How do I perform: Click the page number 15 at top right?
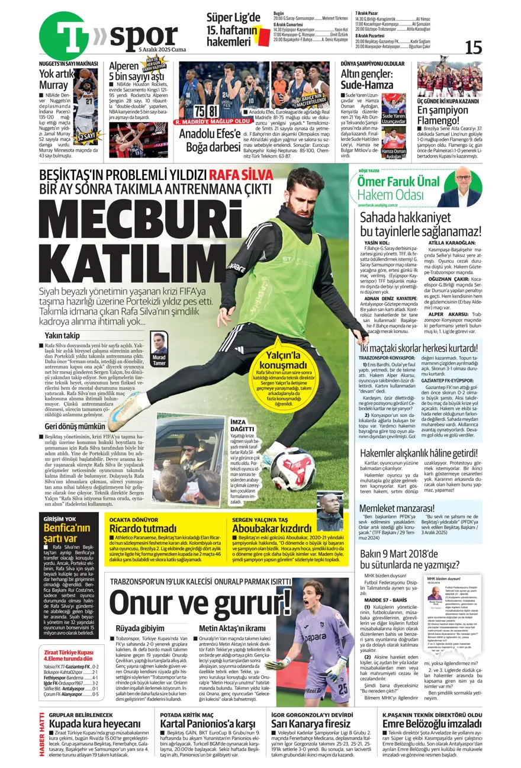(x=474, y=47)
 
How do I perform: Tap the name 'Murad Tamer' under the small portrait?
(x=159, y=360)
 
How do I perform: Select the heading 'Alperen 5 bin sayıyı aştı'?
(x=136, y=71)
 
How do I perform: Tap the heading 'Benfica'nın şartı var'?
(x=60, y=533)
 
